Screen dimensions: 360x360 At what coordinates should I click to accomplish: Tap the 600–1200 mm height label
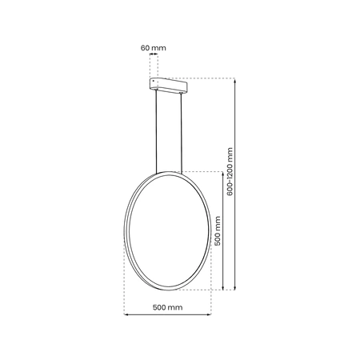click(230, 172)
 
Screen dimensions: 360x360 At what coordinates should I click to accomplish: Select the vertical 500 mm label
click(217, 230)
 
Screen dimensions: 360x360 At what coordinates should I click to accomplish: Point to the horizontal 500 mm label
click(168, 307)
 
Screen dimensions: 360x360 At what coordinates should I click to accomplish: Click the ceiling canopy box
click(169, 84)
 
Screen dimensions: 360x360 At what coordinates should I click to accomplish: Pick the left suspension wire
click(154, 132)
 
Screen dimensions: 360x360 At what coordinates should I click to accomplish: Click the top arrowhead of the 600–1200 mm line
click(234, 80)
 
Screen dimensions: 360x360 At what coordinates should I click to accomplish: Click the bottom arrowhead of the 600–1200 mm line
click(234, 288)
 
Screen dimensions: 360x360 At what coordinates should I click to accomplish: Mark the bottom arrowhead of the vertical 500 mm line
click(222, 288)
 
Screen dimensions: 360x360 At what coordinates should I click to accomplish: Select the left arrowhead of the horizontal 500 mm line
click(127, 314)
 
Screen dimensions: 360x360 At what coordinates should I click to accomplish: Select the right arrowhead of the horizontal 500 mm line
click(210, 314)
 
